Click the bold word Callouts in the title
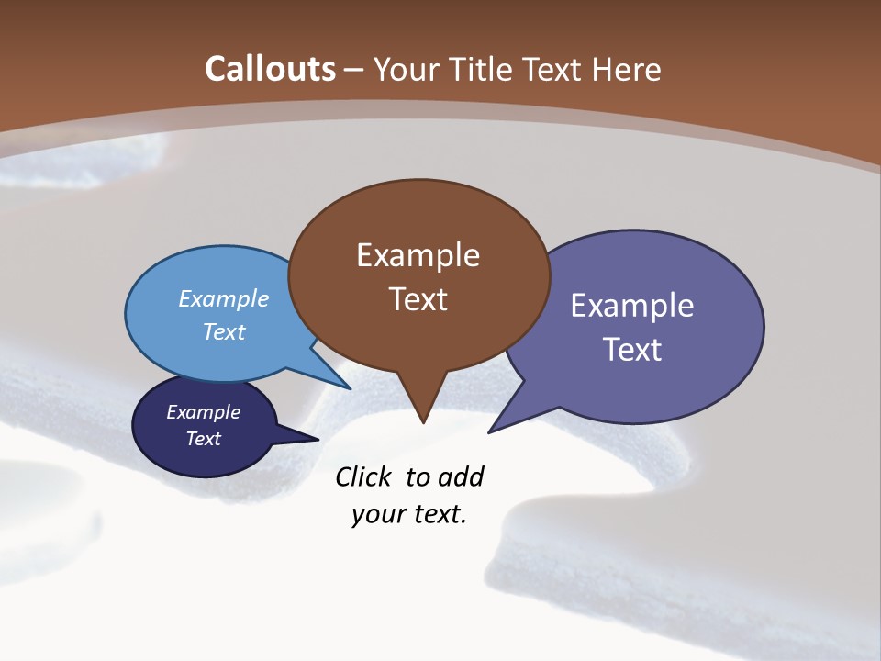(271, 69)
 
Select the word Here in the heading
(628, 69)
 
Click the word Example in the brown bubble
(418, 255)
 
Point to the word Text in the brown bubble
(418, 299)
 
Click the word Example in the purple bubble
(632, 306)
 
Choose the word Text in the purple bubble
(632, 350)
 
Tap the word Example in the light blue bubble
(224, 299)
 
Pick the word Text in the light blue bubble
(224, 331)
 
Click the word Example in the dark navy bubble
(204, 412)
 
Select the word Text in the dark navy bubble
(204, 439)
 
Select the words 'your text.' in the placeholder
(409, 514)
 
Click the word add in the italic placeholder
(462, 476)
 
